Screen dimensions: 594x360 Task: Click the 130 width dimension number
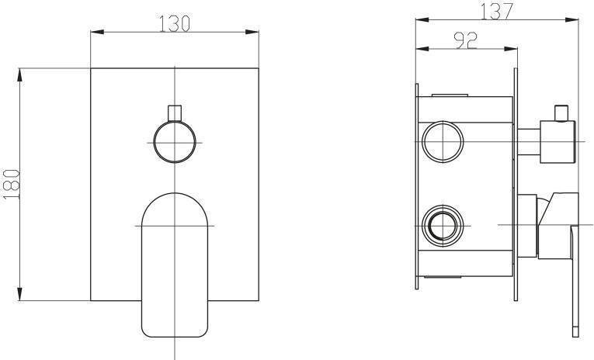pos(174,23)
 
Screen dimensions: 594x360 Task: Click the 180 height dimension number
pos(11,185)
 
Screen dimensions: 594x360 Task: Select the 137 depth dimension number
pos(497,11)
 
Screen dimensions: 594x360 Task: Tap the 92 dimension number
pos(466,40)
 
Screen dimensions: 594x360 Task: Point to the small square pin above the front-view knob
pos(175,112)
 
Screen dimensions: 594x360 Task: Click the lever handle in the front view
pos(175,265)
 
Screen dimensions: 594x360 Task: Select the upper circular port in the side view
pos(443,142)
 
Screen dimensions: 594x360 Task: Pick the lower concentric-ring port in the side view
pos(443,226)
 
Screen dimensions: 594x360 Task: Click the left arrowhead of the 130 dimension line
pos(97,32)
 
